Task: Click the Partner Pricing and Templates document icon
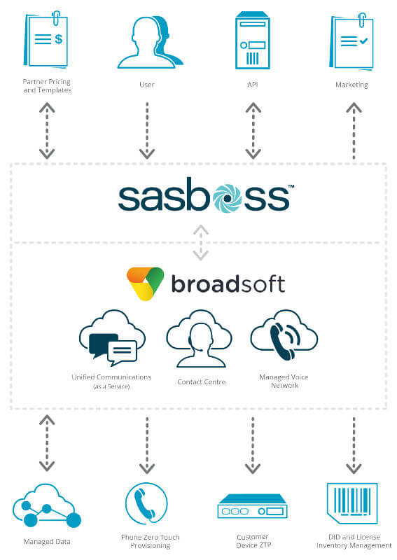(x=46, y=40)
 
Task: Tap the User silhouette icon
(x=150, y=42)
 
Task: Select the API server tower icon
(x=252, y=40)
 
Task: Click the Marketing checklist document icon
(x=351, y=41)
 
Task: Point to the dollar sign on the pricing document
(x=59, y=38)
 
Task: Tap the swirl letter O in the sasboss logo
(x=227, y=198)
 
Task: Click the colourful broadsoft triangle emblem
(x=145, y=283)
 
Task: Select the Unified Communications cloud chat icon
(x=112, y=338)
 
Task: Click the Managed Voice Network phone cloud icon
(x=284, y=335)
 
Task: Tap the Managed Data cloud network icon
(x=47, y=505)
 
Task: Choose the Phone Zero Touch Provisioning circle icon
(x=146, y=503)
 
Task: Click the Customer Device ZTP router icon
(x=253, y=506)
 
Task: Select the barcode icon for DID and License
(x=352, y=503)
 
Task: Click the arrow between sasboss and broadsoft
(x=201, y=242)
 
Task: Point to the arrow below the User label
(x=147, y=131)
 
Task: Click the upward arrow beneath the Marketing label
(x=354, y=131)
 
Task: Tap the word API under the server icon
(x=253, y=85)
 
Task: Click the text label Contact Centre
(x=202, y=381)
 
